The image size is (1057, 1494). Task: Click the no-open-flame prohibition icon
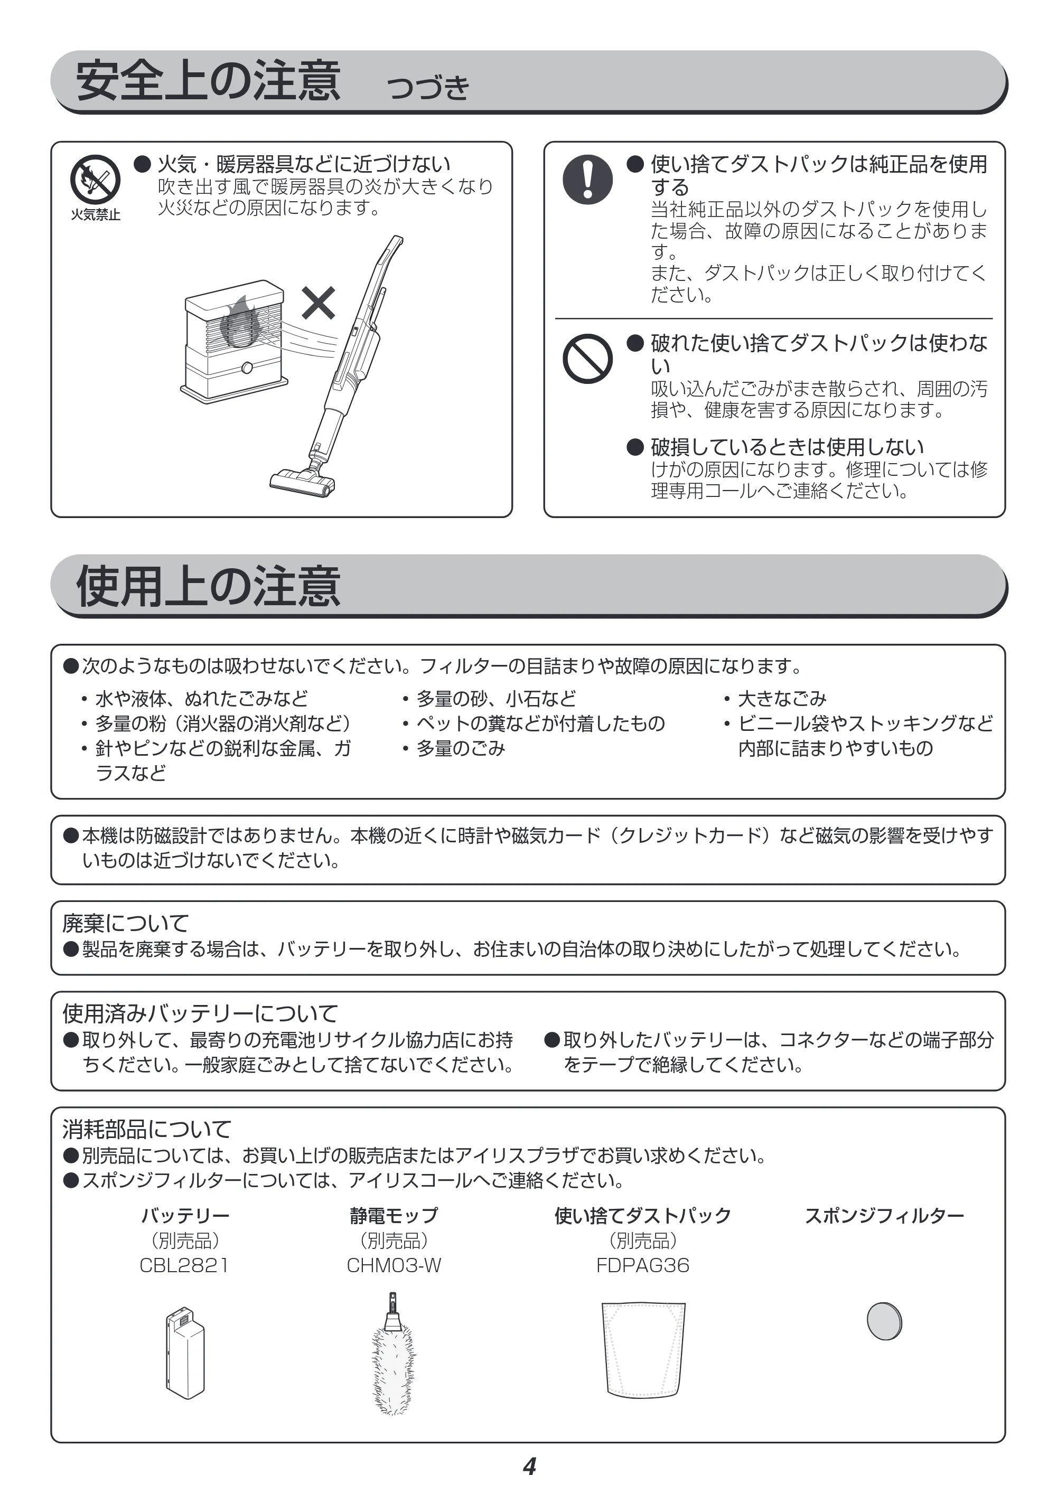click(95, 179)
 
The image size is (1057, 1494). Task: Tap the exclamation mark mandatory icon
click(588, 179)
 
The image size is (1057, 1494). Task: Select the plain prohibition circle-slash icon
click(588, 359)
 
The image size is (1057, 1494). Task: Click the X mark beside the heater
click(319, 303)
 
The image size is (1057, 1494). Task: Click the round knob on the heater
click(247, 368)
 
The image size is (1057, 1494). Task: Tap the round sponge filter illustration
click(884, 1321)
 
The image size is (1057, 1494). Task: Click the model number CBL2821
click(184, 1266)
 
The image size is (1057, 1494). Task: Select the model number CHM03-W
click(394, 1266)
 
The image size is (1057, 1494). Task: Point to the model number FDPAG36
click(643, 1266)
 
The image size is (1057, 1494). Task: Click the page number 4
click(529, 1467)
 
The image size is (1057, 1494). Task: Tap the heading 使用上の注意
click(208, 586)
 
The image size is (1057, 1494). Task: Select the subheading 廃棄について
click(126, 923)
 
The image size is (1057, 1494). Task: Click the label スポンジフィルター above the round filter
click(884, 1216)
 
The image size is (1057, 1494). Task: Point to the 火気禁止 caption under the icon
click(96, 215)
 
